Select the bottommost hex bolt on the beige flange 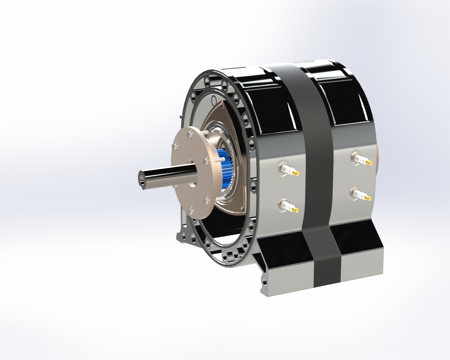pyautogui.click(x=190, y=211)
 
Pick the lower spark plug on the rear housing pyautogui.click(x=360, y=195)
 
